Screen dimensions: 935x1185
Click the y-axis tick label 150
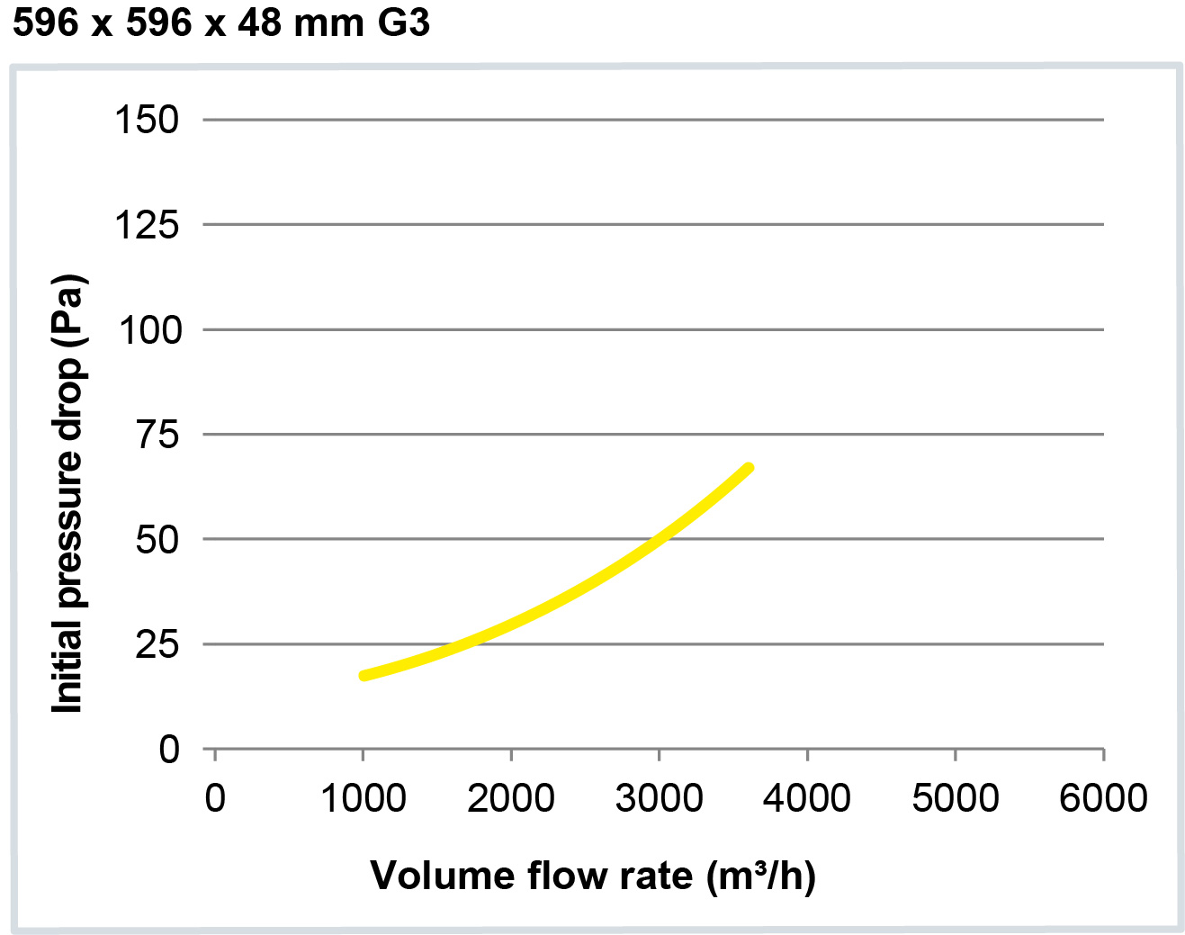click(x=147, y=120)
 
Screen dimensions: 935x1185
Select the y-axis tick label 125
click(x=147, y=225)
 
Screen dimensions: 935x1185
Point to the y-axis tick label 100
click(x=149, y=330)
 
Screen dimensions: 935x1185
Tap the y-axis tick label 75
click(x=157, y=436)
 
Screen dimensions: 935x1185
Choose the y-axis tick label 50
click(x=157, y=540)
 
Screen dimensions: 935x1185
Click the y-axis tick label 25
click(x=157, y=644)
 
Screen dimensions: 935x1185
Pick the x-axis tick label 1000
click(x=364, y=798)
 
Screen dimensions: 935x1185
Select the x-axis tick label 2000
click(x=511, y=798)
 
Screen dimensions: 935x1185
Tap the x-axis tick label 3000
click(x=660, y=798)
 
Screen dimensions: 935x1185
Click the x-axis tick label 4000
click(x=807, y=798)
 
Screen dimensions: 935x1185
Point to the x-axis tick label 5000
click(x=956, y=798)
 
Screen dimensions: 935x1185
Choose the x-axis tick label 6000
click(x=1103, y=798)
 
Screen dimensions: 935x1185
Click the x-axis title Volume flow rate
click(x=532, y=876)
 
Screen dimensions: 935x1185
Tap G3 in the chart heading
click(x=403, y=22)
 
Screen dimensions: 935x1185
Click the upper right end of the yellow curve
click(x=749, y=468)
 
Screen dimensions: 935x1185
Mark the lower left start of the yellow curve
click(x=364, y=675)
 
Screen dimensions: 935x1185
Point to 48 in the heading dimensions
click(x=259, y=22)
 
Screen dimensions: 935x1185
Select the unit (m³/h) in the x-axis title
click(x=761, y=876)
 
